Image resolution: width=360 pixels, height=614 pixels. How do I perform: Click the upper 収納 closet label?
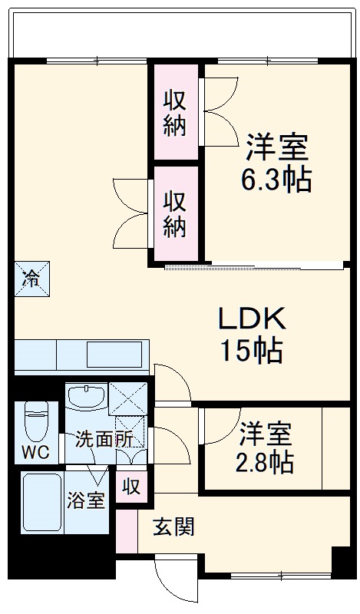175,112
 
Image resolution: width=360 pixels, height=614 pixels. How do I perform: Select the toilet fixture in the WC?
36,421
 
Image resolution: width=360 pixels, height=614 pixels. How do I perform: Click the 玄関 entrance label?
173,527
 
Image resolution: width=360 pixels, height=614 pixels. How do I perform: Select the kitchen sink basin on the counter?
114,355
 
